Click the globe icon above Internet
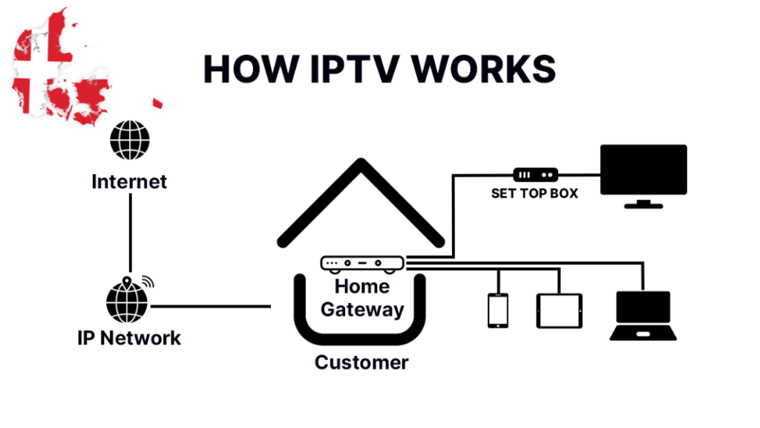coord(129,140)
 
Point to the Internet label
coord(129,181)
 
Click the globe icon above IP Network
coord(128,300)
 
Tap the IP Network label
coord(129,338)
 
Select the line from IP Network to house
coord(211,306)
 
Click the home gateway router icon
coord(361,263)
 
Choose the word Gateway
coord(362,309)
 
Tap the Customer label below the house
coord(361,363)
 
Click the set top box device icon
coord(535,175)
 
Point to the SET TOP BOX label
coord(534,194)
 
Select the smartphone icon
coord(497,310)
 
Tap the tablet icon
coord(559,311)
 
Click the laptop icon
coord(643,315)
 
